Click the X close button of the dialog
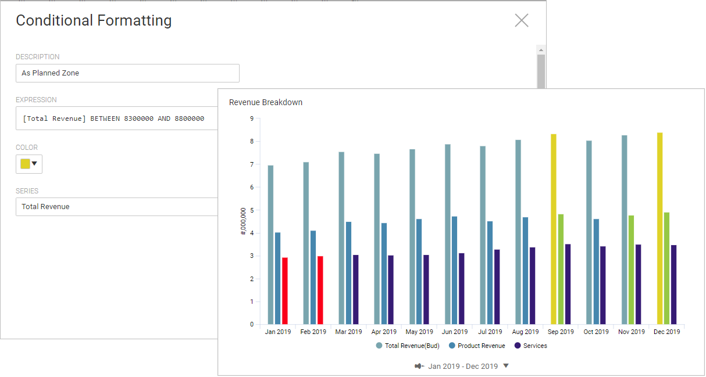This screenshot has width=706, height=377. click(x=521, y=20)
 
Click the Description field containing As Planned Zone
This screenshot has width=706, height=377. click(x=127, y=73)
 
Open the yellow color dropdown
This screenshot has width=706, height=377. click(x=29, y=164)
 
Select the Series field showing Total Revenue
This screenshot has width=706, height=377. click(x=117, y=207)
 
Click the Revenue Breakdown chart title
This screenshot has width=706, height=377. click(x=265, y=102)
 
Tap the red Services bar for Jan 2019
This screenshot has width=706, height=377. click(x=284, y=290)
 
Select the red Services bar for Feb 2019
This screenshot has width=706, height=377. click(x=320, y=290)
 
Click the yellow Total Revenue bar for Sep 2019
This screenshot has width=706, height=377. click(x=554, y=229)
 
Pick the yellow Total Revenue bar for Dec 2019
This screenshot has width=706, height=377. click(x=659, y=228)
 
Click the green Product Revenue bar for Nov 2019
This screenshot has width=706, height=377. click(x=631, y=270)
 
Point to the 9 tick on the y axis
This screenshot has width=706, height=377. click(x=252, y=119)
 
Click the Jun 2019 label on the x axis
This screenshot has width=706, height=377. click(x=455, y=332)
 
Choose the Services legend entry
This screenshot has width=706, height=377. click(x=531, y=346)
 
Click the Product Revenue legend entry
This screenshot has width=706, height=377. click(x=477, y=346)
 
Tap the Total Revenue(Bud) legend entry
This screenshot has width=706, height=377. click(x=408, y=346)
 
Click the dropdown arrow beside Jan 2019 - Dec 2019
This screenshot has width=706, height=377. click(x=506, y=365)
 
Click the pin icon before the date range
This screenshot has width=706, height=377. click(x=419, y=366)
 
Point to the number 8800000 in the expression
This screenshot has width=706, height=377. click(x=190, y=119)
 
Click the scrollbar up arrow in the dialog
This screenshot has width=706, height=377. click(x=541, y=50)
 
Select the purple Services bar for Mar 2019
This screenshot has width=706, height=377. click(x=355, y=289)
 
